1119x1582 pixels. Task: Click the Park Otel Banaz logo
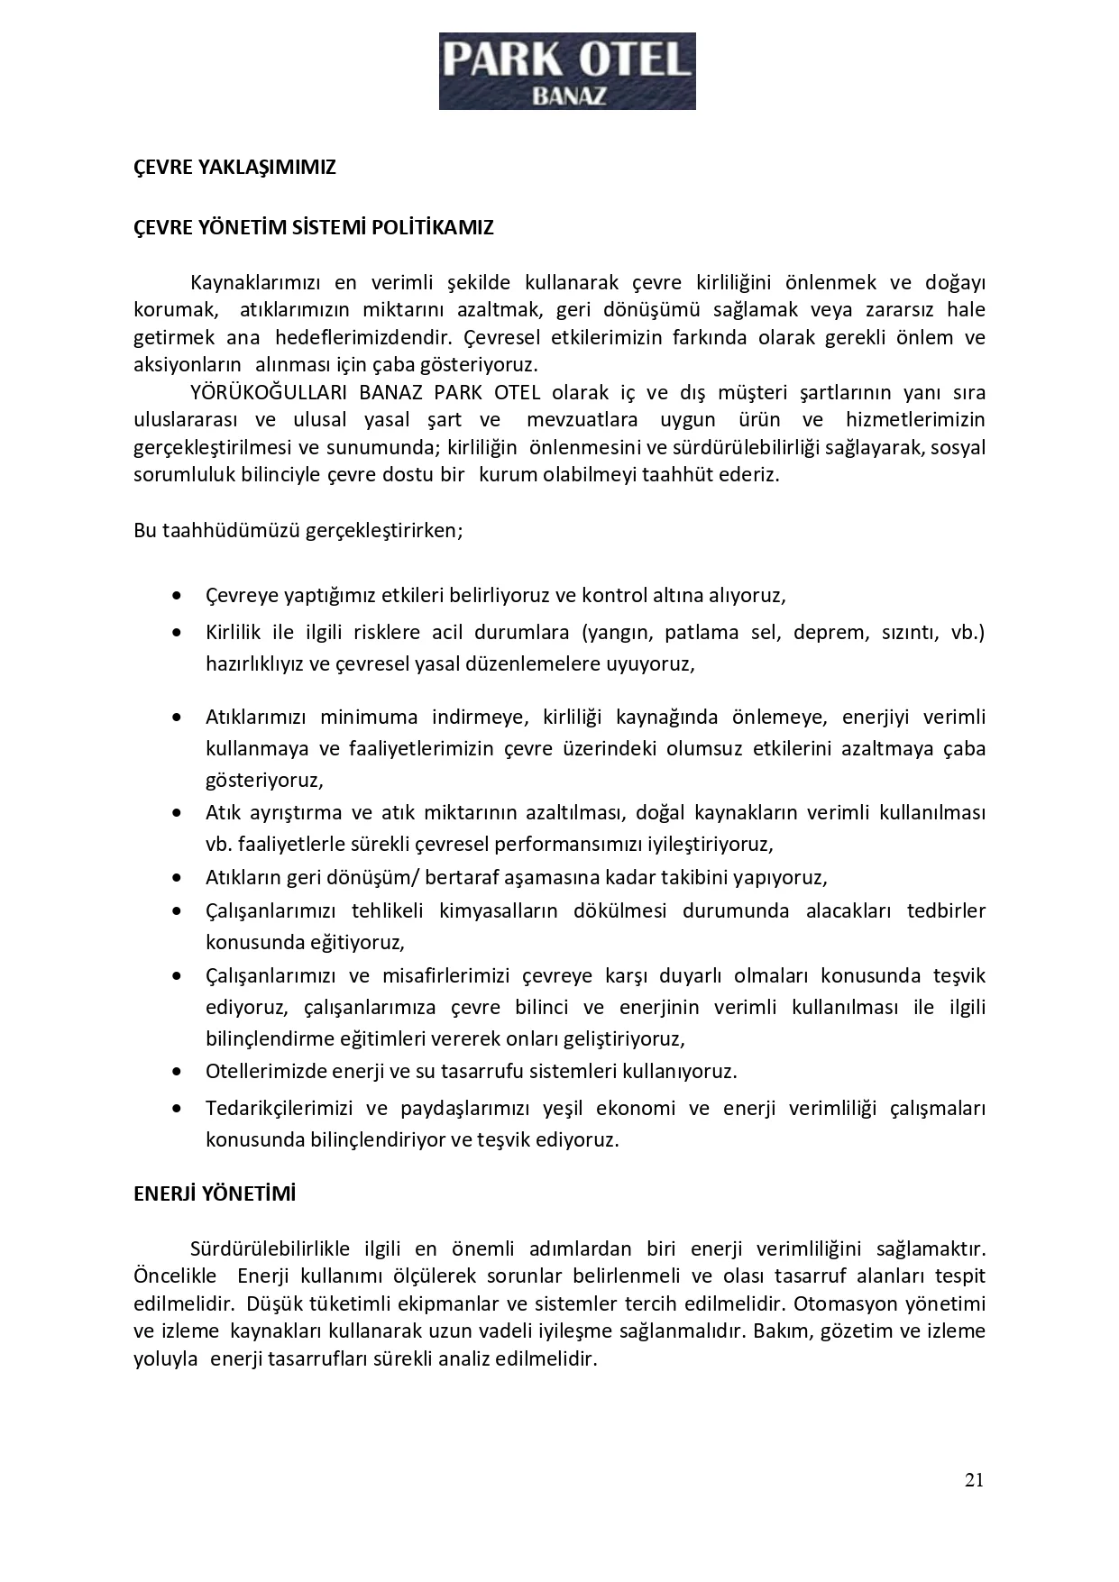(x=566, y=71)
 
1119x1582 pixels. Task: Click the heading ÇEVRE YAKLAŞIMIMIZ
(x=234, y=168)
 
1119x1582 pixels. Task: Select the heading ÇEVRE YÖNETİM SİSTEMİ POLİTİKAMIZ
(x=313, y=227)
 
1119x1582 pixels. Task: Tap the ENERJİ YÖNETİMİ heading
(x=215, y=1193)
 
